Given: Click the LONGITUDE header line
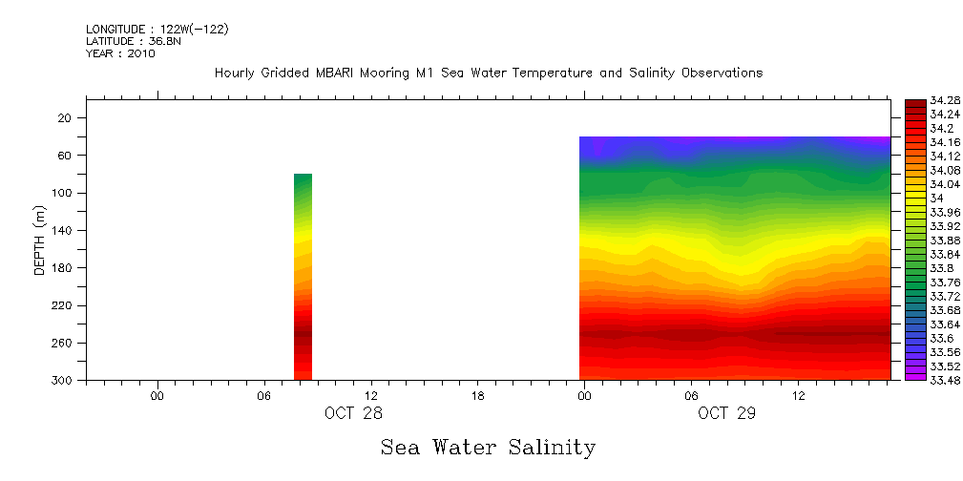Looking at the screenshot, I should click(x=157, y=30).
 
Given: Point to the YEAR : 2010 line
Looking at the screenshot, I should click(x=120, y=53).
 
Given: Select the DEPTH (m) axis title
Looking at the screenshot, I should click(x=40, y=240).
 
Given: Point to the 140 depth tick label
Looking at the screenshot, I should click(x=64, y=231).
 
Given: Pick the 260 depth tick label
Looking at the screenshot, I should click(x=64, y=344).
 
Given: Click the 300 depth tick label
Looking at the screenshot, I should click(x=64, y=381).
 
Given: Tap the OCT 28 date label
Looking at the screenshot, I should click(x=353, y=413).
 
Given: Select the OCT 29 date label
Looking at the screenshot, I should click(x=726, y=413).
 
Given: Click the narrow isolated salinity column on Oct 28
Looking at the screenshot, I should click(x=303, y=277).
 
